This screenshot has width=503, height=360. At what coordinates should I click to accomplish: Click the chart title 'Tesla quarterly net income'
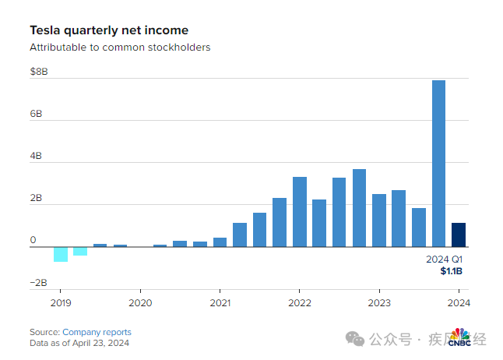click(108, 30)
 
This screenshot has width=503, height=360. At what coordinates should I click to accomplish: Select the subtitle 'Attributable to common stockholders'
click(120, 48)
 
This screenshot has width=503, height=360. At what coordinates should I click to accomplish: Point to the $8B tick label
click(39, 72)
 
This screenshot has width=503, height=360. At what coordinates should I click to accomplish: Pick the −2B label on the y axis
click(38, 283)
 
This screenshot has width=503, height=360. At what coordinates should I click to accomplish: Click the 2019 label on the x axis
click(61, 303)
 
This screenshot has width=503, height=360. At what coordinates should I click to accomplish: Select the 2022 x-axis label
click(300, 303)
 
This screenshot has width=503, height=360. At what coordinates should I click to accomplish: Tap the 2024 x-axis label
click(459, 303)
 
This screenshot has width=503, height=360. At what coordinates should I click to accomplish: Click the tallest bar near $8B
click(439, 164)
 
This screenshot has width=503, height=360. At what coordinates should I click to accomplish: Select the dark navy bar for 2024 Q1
click(459, 235)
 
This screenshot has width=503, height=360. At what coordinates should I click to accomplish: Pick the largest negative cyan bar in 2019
click(61, 254)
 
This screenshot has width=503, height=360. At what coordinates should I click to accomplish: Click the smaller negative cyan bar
click(80, 251)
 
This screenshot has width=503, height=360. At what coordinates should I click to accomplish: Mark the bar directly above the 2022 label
click(300, 212)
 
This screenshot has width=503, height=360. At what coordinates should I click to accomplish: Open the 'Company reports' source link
click(97, 332)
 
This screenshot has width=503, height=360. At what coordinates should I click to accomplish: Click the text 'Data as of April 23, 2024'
click(79, 343)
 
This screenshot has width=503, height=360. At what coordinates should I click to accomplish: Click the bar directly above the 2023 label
click(379, 221)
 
